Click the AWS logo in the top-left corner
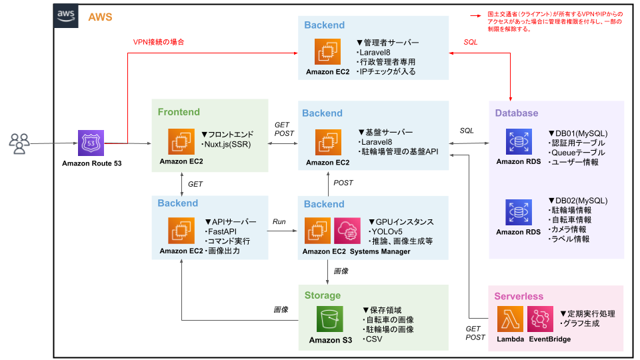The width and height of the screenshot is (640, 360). tap(65, 16)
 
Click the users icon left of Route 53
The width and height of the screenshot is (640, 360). tap(20, 143)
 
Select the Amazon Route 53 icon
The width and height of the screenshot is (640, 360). tap(91, 143)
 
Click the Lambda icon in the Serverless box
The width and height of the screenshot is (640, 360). tap(510, 319)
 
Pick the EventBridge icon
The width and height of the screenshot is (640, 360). tap(540, 319)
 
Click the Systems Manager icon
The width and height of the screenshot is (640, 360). tap(347, 231)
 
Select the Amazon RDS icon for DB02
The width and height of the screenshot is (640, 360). tap(518, 212)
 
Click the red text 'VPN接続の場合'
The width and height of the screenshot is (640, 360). tap(158, 41)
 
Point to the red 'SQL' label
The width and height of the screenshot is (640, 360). tap(471, 42)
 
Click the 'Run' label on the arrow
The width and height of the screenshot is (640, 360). tap(279, 221)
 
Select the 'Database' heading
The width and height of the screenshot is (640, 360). tap(516, 113)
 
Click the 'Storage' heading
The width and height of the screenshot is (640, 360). tap(323, 295)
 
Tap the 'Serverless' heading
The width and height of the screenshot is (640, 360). tap(518, 296)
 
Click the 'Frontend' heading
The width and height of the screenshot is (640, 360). tap(179, 112)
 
